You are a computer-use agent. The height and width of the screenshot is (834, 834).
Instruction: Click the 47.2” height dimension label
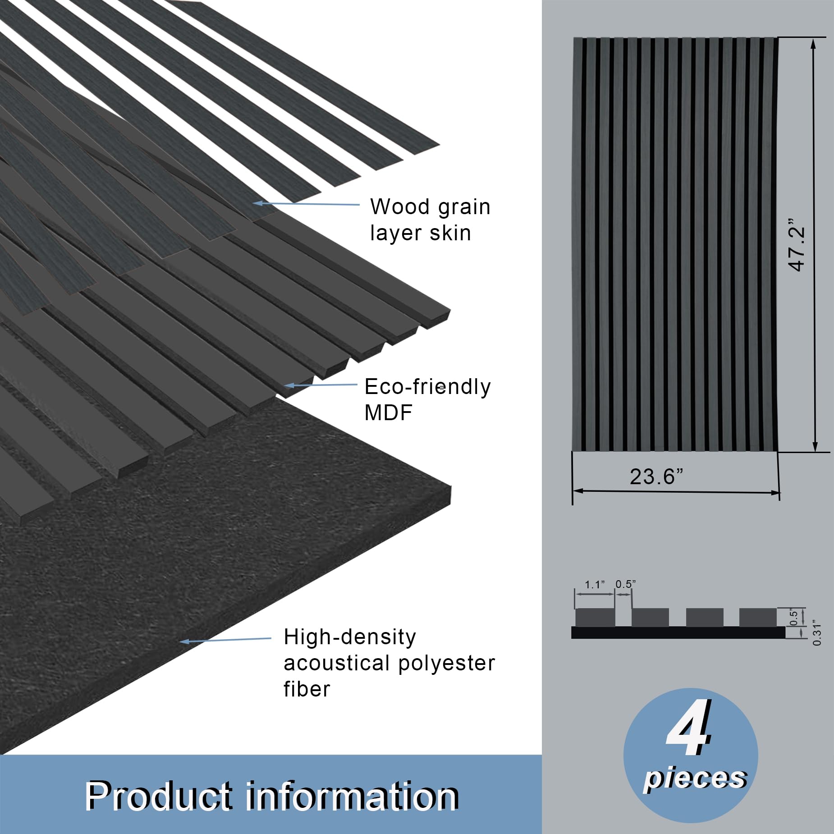pyautogui.click(x=797, y=246)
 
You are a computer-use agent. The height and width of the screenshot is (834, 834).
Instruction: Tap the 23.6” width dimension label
pyautogui.click(x=656, y=477)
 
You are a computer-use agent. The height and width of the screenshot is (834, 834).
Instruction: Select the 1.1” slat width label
pyautogui.click(x=594, y=585)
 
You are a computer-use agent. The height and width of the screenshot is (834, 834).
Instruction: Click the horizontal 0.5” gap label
pyautogui.click(x=625, y=584)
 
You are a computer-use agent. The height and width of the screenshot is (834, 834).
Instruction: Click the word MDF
pyautogui.click(x=388, y=412)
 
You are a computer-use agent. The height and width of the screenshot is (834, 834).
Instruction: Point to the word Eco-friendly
pyautogui.click(x=427, y=387)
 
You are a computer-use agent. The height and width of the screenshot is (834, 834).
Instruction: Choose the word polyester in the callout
pyautogui.click(x=447, y=663)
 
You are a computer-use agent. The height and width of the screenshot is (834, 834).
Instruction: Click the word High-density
pyautogui.click(x=350, y=637)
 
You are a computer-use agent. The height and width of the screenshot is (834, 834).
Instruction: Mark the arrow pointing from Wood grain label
pyautogui.click(x=307, y=204)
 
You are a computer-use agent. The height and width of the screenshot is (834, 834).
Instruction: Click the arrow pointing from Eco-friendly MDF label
pyautogui.click(x=321, y=385)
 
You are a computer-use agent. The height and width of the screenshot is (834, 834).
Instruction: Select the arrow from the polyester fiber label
pyautogui.click(x=225, y=640)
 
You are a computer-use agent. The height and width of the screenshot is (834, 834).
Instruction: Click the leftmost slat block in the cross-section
pyautogui.click(x=595, y=617)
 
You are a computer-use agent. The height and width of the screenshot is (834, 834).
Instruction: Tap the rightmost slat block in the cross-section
pyautogui.click(x=757, y=617)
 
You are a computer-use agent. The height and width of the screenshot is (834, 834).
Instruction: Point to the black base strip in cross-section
pyautogui.click(x=678, y=632)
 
